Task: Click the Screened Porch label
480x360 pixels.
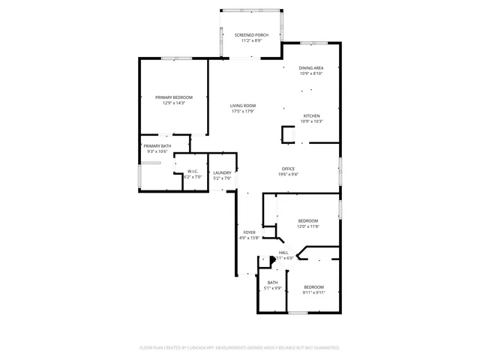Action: point(251,35)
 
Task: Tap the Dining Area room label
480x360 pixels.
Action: point(311,68)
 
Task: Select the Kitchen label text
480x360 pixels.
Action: point(311,115)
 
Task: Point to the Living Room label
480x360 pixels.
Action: point(243,106)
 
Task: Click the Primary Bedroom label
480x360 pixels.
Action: point(174,97)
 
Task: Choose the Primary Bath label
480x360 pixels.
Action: point(157,146)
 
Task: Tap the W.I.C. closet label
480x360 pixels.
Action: point(193,171)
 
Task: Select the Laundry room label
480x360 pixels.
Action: point(222,173)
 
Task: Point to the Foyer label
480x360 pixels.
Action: point(249,232)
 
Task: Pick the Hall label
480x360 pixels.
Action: point(283,253)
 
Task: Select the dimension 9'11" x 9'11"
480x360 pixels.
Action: point(313,292)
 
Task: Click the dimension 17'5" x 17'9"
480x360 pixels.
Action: point(243,112)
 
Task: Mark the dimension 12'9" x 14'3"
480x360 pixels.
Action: point(174,103)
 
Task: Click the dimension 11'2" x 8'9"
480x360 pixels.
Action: point(251,40)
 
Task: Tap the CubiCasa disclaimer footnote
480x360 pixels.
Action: point(240,348)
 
